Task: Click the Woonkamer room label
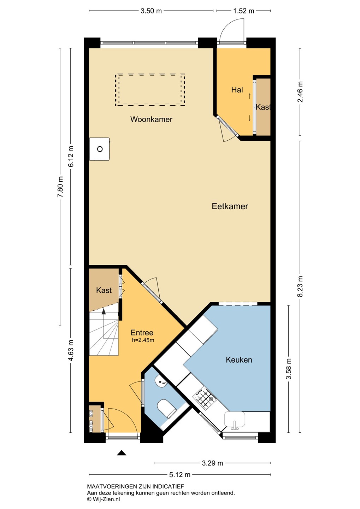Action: (x=151, y=119)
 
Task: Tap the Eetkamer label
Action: (x=230, y=206)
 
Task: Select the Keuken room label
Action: (x=239, y=360)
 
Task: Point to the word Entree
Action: (x=142, y=333)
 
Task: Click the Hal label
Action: (x=237, y=90)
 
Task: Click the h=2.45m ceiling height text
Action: (x=143, y=340)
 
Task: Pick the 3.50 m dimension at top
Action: (x=151, y=11)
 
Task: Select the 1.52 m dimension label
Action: (x=244, y=11)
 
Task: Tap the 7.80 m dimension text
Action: (x=60, y=187)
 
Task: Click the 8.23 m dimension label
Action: (x=300, y=286)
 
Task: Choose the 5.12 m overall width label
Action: (x=180, y=474)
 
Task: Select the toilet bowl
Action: (x=167, y=409)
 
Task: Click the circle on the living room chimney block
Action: (x=100, y=149)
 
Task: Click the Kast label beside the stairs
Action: (x=104, y=290)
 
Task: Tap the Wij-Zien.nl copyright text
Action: (x=104, y=499)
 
